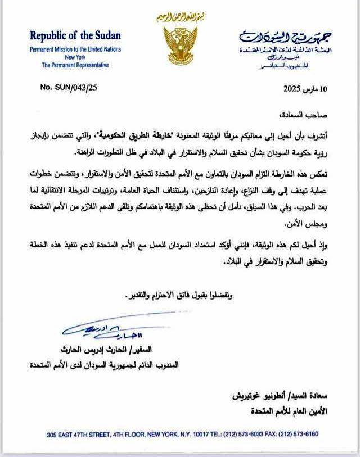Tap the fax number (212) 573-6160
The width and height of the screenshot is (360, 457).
coord(304,435)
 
